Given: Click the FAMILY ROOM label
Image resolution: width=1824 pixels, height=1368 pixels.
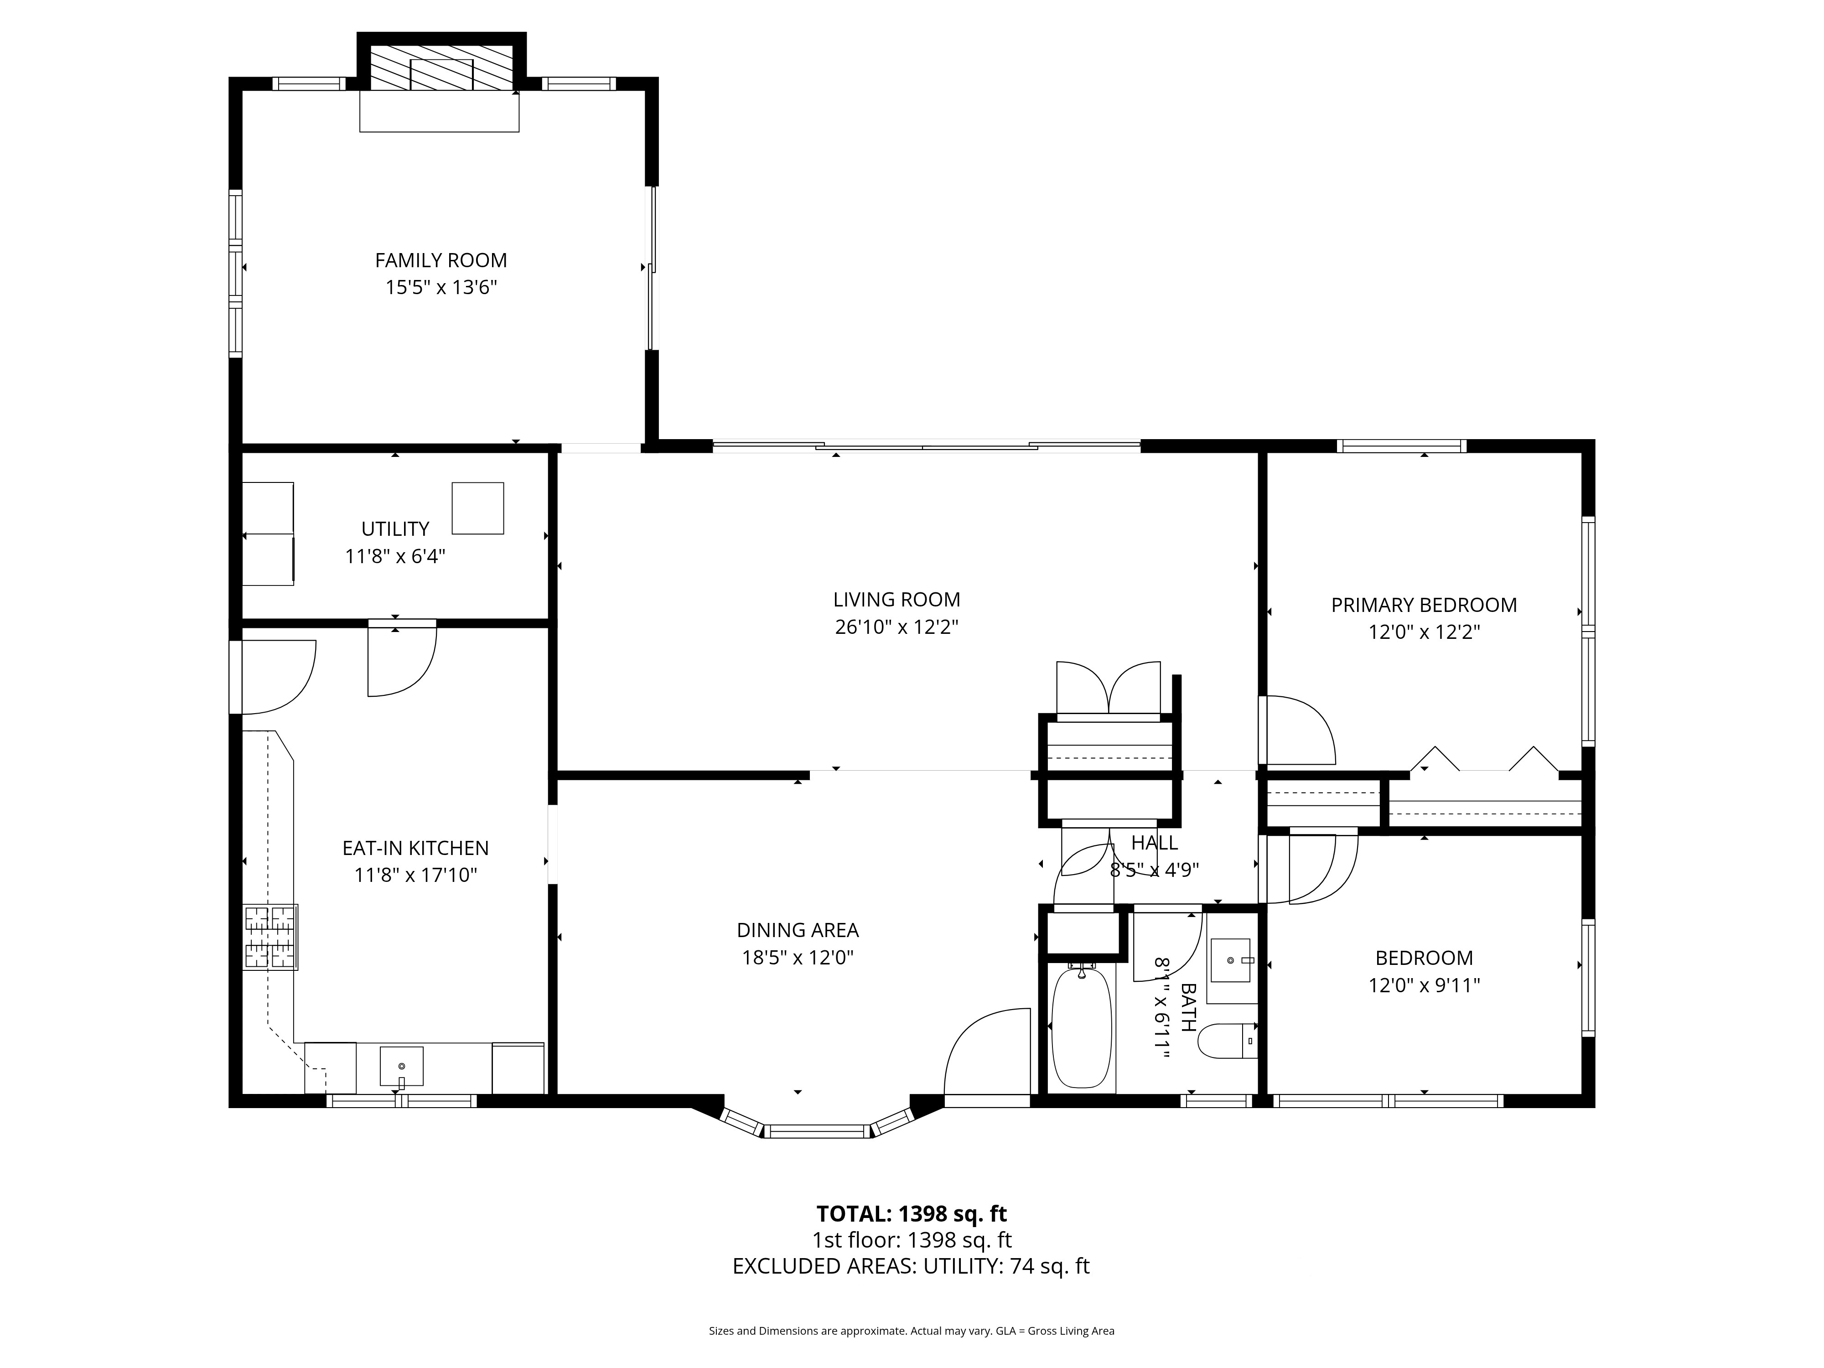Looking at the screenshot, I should click(x=440, y=260).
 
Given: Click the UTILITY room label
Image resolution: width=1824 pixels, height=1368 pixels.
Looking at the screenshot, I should click(x=395, y=529).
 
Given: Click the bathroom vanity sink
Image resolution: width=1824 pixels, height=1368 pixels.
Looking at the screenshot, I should click(x=1230, y=961).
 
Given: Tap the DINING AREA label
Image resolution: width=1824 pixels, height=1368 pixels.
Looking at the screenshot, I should click(x=798, y=930).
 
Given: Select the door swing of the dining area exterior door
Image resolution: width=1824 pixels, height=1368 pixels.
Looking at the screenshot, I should click(x=985, y=1052).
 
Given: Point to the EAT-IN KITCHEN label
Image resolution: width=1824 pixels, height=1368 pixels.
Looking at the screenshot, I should click(x=415, y=848).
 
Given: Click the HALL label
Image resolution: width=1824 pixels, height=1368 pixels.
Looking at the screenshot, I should click(x=1155, y=843).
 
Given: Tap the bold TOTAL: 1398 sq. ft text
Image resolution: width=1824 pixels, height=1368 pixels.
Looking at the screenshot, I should click(x=911, y=1214).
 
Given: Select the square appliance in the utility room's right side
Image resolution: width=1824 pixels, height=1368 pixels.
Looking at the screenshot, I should click(x=477, y=508).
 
